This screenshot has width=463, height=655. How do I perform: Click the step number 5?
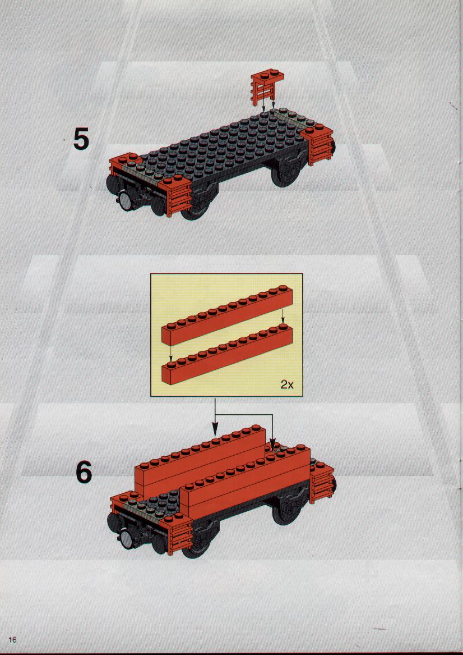pos(81,140)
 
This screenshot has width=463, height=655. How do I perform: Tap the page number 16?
pos(12,639)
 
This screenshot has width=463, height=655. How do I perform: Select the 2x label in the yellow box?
pos(287,384)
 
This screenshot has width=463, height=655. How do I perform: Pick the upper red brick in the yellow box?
pos(226,315)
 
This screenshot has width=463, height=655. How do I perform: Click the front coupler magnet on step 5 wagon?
pos(126,201)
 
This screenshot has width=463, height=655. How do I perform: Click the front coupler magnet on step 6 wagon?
pos(126,542)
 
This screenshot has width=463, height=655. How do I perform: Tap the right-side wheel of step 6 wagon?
pos(285,512)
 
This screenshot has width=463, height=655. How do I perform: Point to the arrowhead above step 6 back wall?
pos(215,429)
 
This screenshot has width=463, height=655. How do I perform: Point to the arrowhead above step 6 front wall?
pos(272,447)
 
